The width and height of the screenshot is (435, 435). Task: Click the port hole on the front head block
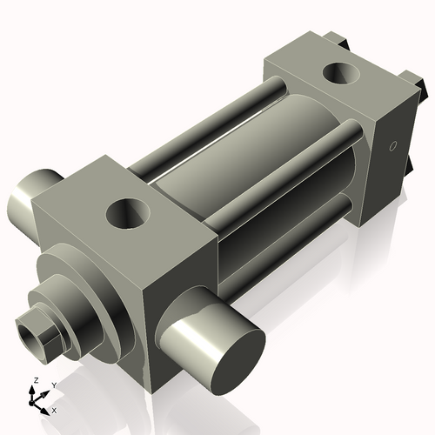pyautogui.click(x=129, y=213)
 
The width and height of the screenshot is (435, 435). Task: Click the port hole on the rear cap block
pyautogui.click(x=341, y=73)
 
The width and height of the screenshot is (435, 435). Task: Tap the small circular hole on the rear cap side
pyautogui.click(x=393, y=146)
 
